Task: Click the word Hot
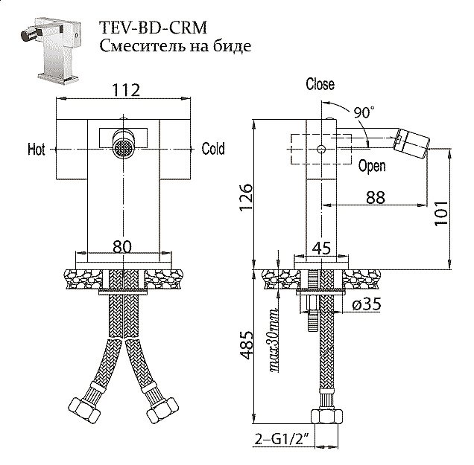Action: (x=37, y=150)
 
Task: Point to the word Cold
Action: (x=213, y=149)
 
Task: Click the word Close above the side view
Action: (x=320, y=84)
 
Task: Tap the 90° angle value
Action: (x=364, y=112)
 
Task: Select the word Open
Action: (x=371, y=167)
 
